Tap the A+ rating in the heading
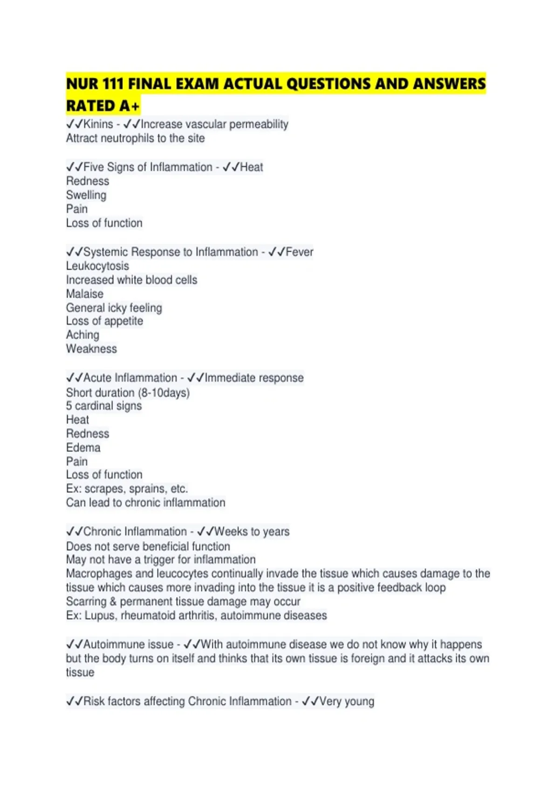coord(129,106)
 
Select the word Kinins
coord(98,124)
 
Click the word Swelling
coord(86,195)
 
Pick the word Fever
coord(300,252)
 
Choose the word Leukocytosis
coord(97,266)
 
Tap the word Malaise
coord(85,294)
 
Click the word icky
coord(117,308)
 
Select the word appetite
coord(123,322)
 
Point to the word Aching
coord(82,335)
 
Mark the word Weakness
coord(91,349)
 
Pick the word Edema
coord(83,448)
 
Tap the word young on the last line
coord(359,702)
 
